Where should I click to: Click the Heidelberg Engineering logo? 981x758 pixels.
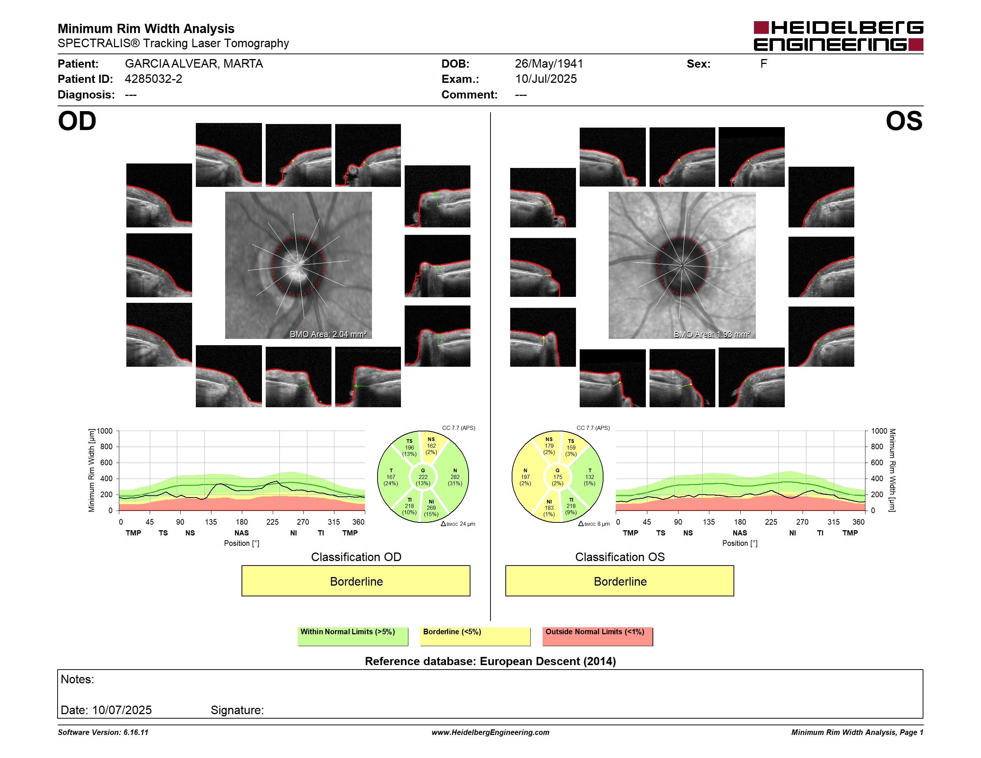(838, 36)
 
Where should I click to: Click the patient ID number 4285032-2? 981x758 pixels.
(153, 79)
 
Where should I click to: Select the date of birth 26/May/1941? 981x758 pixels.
(549, 64)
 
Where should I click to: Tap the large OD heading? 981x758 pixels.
(77, 121)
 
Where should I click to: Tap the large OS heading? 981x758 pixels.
(904, 121)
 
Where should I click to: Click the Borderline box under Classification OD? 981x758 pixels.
(356, 581)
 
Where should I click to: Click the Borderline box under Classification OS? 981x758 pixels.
(620, 581)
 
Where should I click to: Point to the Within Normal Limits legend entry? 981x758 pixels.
(353, 636)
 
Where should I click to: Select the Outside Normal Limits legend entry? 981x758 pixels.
(598, 636)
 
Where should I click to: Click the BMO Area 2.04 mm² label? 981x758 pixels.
(328, 334)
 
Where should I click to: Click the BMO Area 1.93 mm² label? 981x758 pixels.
(712, 334)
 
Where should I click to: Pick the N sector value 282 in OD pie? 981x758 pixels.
(455, 477)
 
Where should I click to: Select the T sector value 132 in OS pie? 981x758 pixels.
(590, 477)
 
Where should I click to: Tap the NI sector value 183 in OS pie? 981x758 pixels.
(549, 508)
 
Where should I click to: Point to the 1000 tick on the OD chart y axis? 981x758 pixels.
(105, 431)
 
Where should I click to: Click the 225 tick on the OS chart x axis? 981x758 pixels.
(771, 522)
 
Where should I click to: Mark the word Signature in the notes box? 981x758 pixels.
(237, 710)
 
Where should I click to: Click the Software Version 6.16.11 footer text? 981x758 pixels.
(103, 732)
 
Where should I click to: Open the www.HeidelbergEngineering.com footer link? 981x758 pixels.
(490, 732)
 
